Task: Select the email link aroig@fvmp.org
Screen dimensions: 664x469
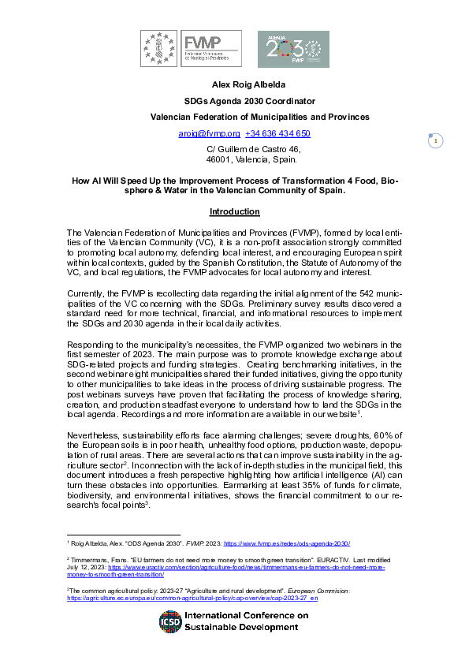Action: click(210, 133)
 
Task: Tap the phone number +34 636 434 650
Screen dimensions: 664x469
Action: click(277, 133)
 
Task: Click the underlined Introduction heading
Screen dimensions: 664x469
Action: click(234, 212)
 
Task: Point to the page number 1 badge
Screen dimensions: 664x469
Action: click(435, 141)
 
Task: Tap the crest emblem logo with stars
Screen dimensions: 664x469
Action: click(158, 48)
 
